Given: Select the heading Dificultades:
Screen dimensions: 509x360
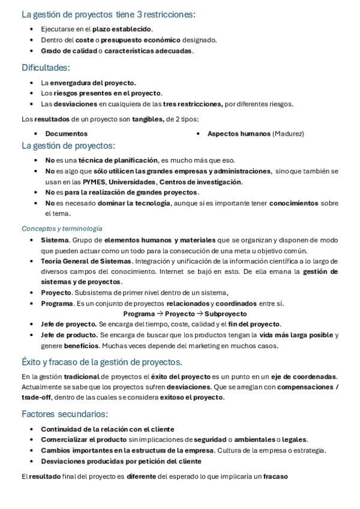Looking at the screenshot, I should (46, 67).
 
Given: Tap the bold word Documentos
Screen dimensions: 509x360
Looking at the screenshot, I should (66, 133).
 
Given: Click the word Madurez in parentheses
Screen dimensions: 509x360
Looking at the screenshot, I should (288, 133).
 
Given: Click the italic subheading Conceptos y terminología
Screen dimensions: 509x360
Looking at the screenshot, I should (62, 228).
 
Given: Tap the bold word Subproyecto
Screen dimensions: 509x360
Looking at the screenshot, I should (226, 313).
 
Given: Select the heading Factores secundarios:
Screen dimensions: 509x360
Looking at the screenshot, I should (65, 414).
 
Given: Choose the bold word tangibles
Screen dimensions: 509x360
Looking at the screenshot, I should (148, 118).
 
